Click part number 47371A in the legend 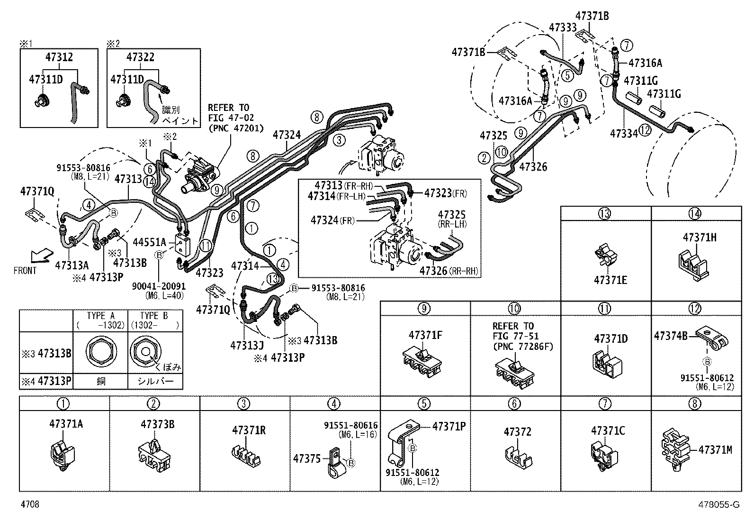click(66, 424)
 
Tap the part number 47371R click(249, 430)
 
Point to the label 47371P click(449, 426)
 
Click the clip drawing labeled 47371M click(675, 450)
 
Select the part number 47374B click(671, 336)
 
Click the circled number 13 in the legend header click(605, 213)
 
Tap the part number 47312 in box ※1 click(59, 57)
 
